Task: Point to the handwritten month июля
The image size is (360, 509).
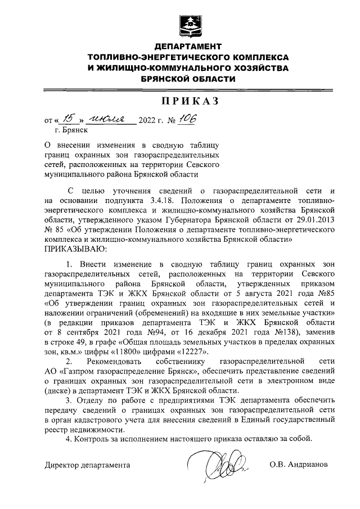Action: click(109, 118)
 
